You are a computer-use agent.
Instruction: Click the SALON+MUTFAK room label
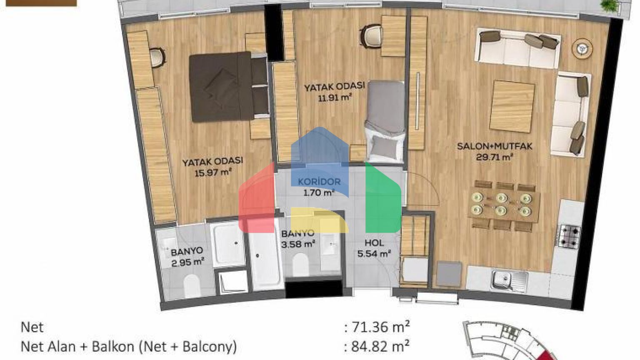pos(495,147)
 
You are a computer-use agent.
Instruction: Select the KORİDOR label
pos(319,182)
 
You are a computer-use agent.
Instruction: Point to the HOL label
pos(374,243)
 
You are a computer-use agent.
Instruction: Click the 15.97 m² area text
pos(213,172)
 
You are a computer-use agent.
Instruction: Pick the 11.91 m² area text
pos(335,98)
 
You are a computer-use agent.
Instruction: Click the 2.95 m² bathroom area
pos(187,262)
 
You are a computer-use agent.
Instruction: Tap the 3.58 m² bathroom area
pos(298,245)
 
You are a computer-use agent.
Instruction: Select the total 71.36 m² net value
pos(377,327)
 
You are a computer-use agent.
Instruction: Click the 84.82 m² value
pos(377,347)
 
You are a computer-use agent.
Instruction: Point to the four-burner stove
pos(569,236)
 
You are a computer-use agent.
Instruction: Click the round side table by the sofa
pos(582,49)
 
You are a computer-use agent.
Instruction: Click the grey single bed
pos(385,122)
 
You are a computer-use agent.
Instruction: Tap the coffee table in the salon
pos(512,107)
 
